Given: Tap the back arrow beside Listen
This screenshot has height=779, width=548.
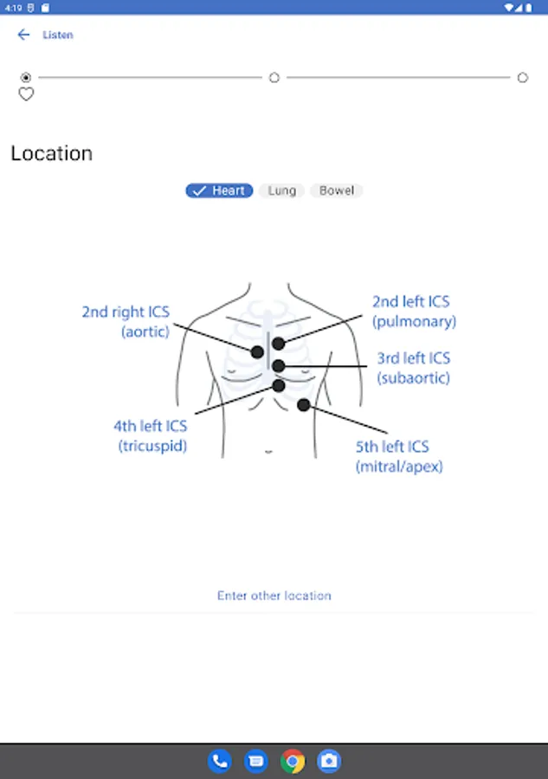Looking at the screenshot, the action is pos(23,35).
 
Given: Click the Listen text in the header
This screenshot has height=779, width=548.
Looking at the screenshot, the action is pos(58,35).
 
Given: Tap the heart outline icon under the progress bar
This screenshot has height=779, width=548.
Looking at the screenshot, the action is pos(26,93).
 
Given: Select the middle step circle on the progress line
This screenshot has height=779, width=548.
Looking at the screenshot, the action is pos(274,78).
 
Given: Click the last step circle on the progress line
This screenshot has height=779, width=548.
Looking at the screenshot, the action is pos(522,78).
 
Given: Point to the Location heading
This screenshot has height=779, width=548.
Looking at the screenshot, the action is pos(52,153).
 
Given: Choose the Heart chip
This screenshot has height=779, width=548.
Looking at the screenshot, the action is pos(219,190).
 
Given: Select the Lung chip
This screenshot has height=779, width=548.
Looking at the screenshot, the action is pos(281,190).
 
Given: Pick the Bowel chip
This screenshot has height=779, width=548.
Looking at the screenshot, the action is pos(337,190).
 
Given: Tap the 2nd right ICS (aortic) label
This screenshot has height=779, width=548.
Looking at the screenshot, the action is pos(126,321).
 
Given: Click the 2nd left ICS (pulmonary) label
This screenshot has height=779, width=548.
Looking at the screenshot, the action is pos(414,312).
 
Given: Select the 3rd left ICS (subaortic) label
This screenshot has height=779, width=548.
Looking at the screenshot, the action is pos(413,368).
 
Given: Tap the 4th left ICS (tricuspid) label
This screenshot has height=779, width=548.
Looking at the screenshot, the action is pos(151,435).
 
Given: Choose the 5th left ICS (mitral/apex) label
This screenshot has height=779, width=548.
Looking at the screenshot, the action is pos(399,456).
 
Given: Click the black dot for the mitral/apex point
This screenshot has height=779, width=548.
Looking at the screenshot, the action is pos(304,405).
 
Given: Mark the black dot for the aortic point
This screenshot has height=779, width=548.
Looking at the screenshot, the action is pos(257,352).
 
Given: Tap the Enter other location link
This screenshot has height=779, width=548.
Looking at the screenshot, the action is pos(274,596).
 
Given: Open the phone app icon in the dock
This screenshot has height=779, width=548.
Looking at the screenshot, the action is pos(220,761).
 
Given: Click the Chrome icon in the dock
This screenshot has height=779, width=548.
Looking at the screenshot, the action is pos(293,761).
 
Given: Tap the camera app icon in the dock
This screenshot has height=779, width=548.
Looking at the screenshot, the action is pos(329,761).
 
